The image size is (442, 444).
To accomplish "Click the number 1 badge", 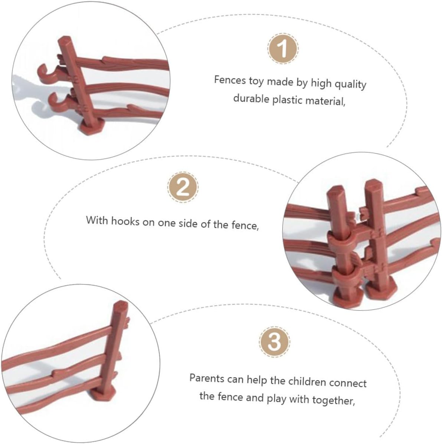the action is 283,49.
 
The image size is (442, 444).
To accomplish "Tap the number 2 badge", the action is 183,187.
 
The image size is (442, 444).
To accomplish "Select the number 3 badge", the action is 274,342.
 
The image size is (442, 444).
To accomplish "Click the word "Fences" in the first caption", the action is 230,80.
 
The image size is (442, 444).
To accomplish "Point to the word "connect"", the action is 348,383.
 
